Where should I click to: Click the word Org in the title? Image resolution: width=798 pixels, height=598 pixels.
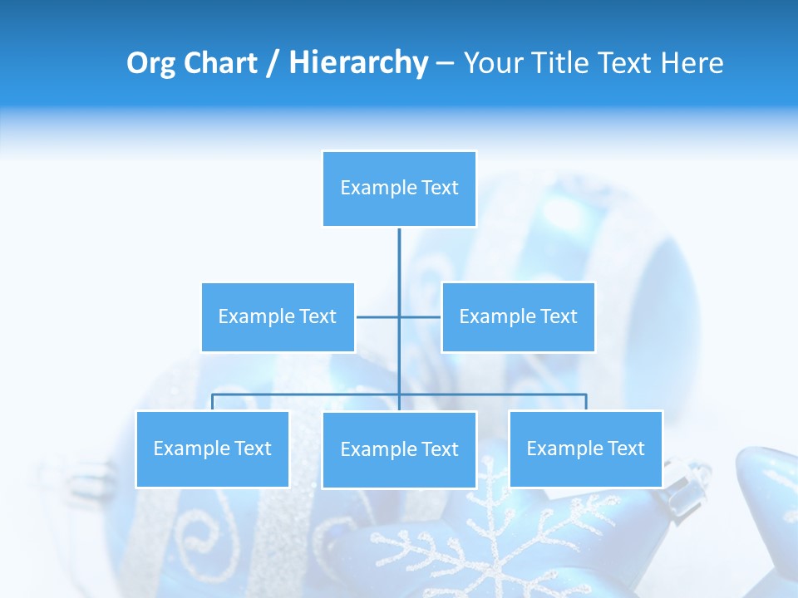(x=150, y=63)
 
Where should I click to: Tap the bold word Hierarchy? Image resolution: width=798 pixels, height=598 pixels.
(x=358, y=63)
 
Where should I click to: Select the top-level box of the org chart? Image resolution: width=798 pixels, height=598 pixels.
(x=399, y=189)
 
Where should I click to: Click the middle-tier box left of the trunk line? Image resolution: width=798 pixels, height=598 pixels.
(x=278, y=316)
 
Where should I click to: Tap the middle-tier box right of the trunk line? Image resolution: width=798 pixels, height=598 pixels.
(x=518, y=316)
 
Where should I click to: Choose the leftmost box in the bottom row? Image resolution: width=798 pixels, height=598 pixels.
(x=212, y=448)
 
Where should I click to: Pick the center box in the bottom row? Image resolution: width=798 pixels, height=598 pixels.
(x=399, y=449)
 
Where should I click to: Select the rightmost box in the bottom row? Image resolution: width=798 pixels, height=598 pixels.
(x=585, y=448)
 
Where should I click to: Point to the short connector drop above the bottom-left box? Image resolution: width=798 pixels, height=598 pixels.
(x=212, y=402)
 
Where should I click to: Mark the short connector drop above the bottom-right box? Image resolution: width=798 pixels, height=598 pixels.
(x=586, y=402)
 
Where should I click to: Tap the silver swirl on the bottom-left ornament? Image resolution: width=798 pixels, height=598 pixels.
(x=199, y=532)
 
